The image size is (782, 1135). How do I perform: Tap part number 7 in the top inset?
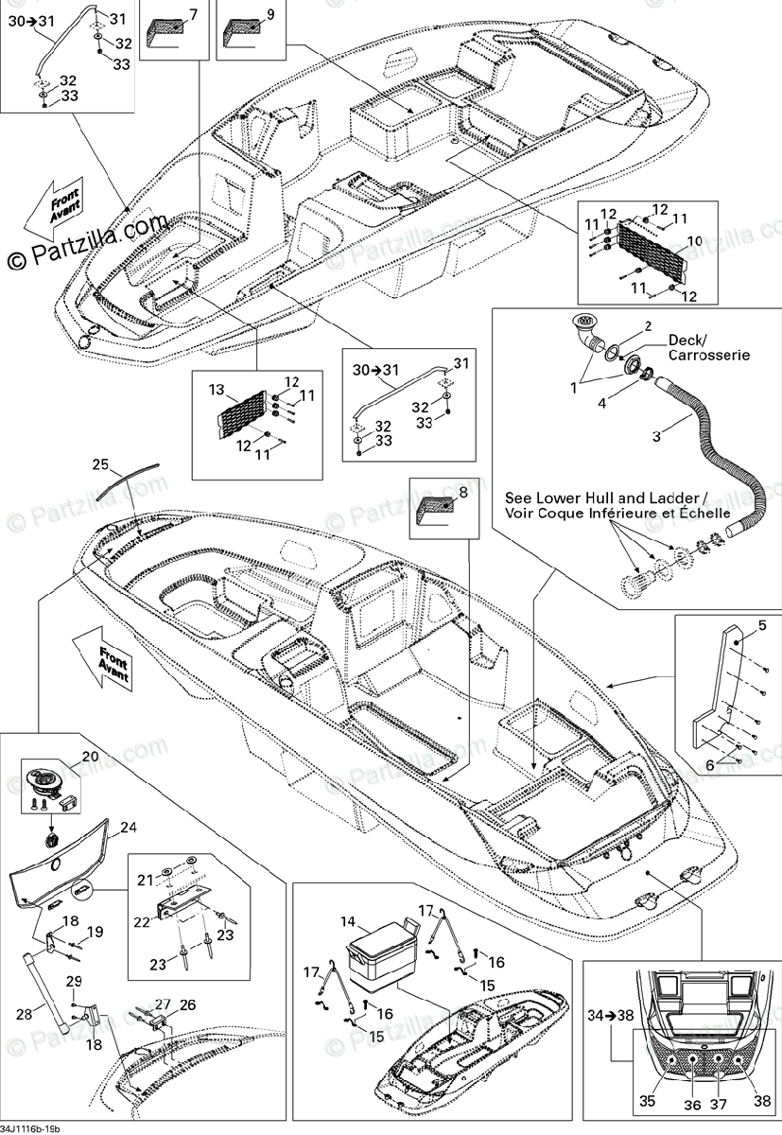coord(193,14)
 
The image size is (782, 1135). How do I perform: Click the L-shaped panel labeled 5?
coord(724,681)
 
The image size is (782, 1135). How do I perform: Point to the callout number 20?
coord(90,757)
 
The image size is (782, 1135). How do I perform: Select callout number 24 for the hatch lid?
coord(129,827)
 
